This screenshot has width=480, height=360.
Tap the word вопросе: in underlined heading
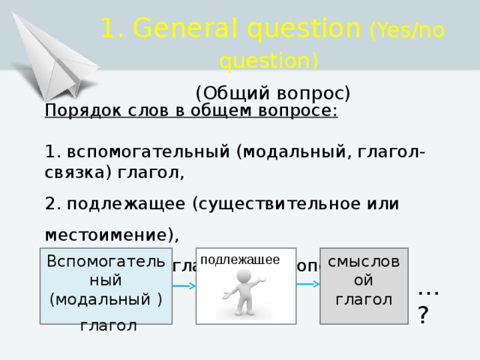(x=302, y=111)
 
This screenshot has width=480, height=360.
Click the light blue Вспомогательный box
(x=106, y=286)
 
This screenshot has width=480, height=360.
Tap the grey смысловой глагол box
(x=363, y=285)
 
